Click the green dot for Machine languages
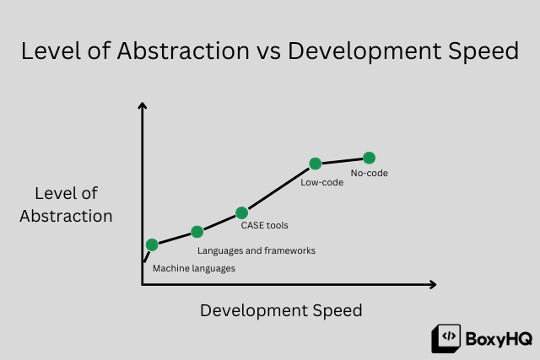[x=152, y=245]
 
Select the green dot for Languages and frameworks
[x=197, y=232]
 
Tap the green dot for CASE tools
[x=241, y=213]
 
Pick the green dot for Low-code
[x=315, y=164]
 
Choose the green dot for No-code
[x=369, y=158]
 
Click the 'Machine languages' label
[x=193, y=268]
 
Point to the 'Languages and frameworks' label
[x=256, y=250]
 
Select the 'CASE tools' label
[x=265, y=226]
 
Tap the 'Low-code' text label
[x=322, y=181]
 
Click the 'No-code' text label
[x=369, y=173]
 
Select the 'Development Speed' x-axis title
[x=281, y=310]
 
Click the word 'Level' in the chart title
[x=48, y=51]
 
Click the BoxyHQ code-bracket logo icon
[x=445, y=337]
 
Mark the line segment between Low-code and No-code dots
[x=342, y=160]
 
